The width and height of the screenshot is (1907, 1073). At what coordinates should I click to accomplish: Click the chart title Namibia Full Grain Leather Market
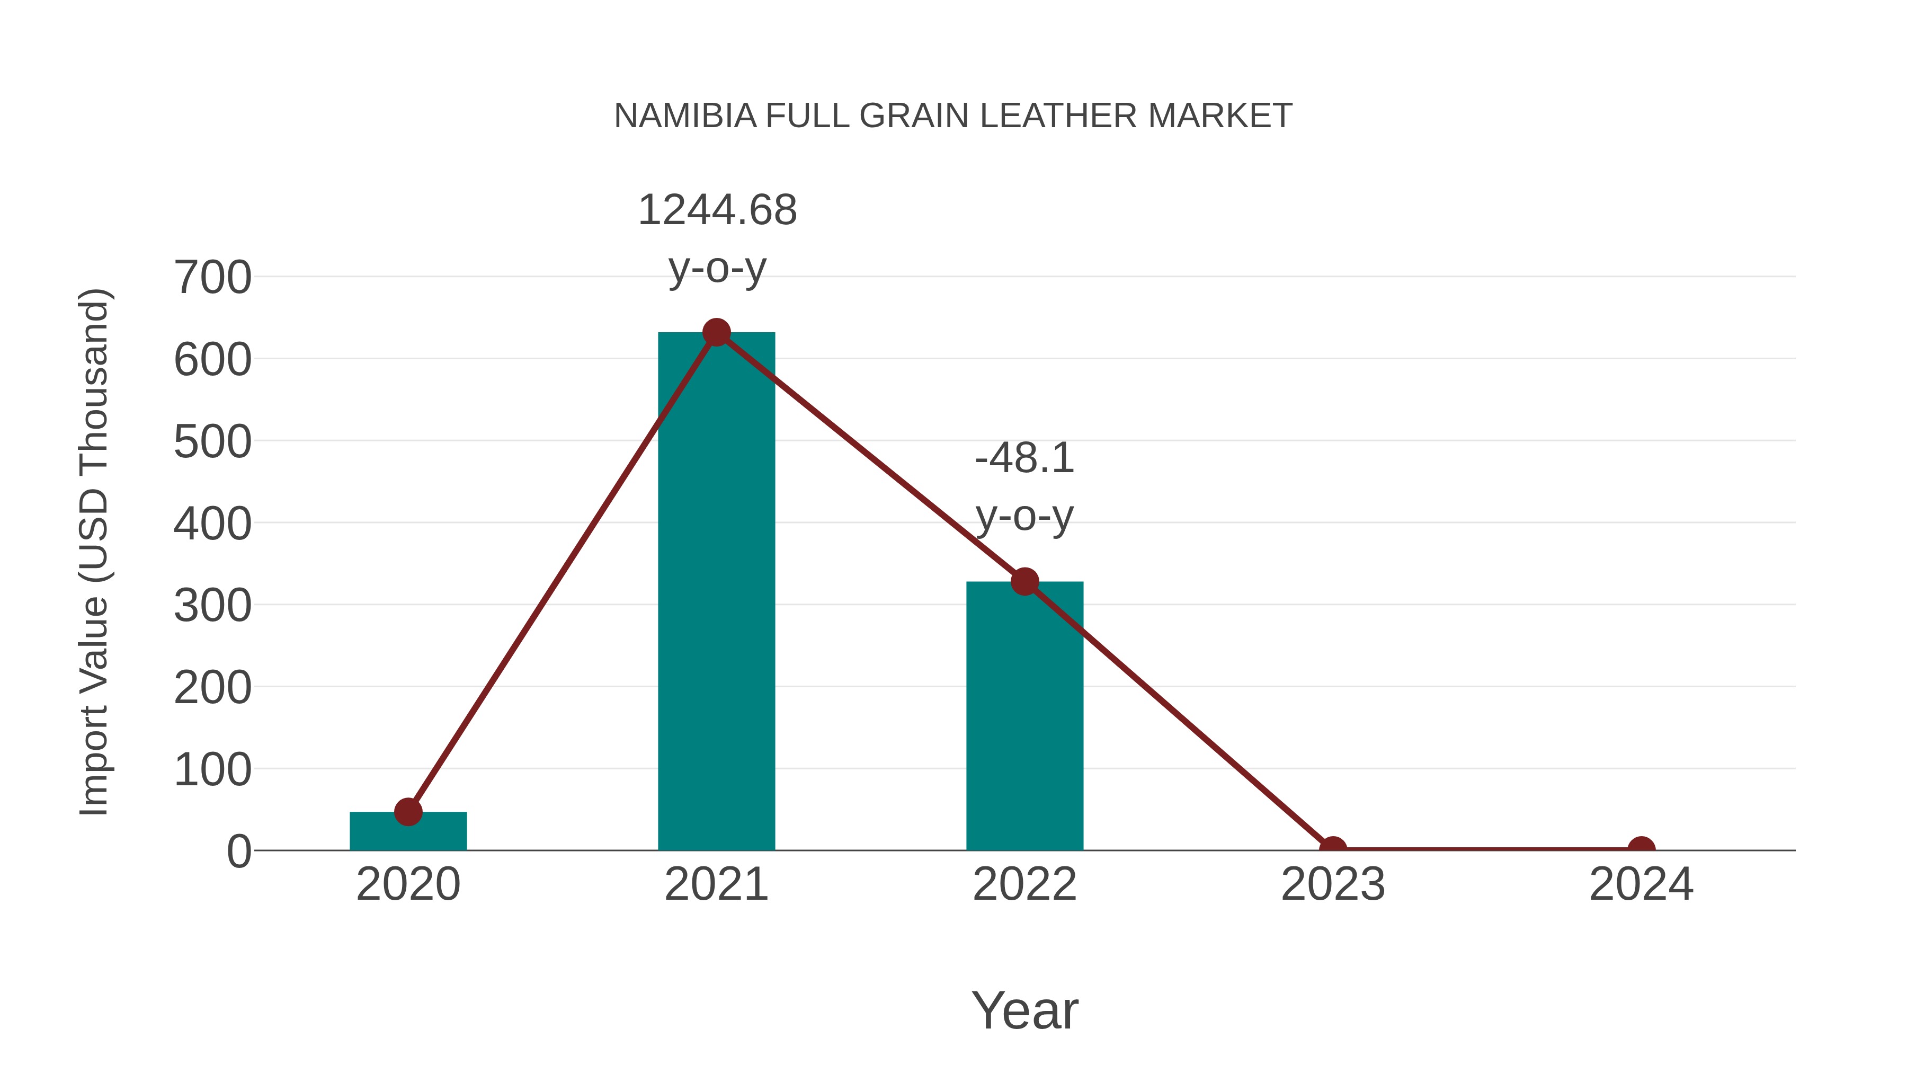coord(953,116)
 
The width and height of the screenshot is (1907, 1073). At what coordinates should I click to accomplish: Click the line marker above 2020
coord(408,812)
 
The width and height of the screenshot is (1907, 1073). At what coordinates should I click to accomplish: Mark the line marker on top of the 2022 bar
coord(1024,582)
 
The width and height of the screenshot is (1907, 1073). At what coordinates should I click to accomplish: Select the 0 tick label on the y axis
coord(239,852)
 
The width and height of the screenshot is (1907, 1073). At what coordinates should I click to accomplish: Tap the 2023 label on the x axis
coord(1333,884)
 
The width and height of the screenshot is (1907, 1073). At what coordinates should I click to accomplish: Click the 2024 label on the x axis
coord(1641,884)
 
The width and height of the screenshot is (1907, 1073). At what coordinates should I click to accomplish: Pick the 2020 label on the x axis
coord(408,884)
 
